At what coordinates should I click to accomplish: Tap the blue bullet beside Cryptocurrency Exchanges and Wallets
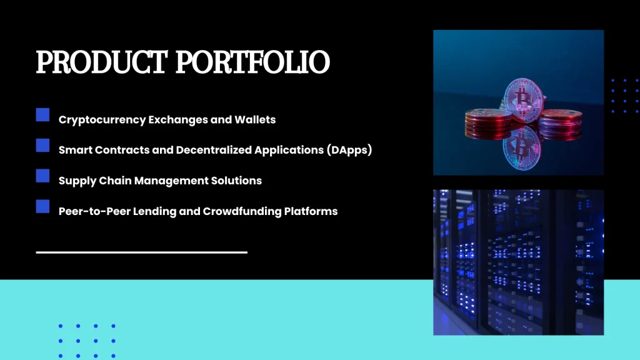pyautogui.click(x=42, y=115)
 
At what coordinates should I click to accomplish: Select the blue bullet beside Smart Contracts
pyautogui.click(x=42, y=146)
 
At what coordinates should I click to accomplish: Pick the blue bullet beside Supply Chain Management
pyautogui.click(x=42, y=176)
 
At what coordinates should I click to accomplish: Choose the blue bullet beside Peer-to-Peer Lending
pyautogui.click(x=42, y=206)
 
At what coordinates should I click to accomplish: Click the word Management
pyautogui.click(x=167, y=181)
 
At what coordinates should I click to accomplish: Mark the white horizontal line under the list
pyautogui.click(x=142, y=252)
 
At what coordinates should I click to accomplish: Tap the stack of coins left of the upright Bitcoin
pyautogui.click(x=487, y=122)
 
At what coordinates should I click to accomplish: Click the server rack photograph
pyautogui.click(x=518, y=262)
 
